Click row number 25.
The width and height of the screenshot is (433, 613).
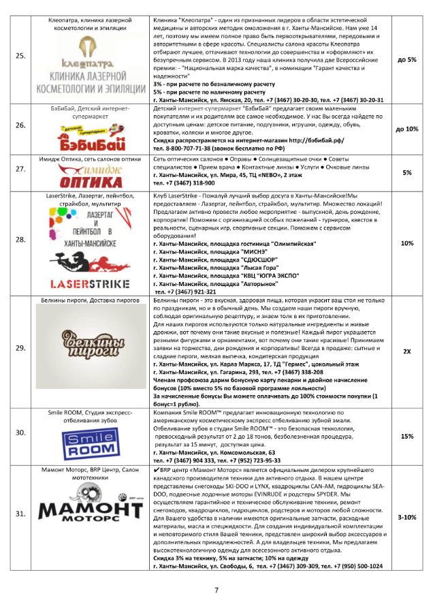(x=21, y=60)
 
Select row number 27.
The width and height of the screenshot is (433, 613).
(x=21, y=173)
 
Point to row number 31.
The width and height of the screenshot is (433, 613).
(x=21, y=518)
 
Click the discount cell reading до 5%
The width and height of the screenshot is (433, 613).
(x=407, y=60)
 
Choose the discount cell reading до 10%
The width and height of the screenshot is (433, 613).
(x=407, y=129)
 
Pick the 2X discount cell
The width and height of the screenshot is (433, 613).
(x=407, y=351)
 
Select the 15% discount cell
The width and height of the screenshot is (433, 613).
(x=407, y=437)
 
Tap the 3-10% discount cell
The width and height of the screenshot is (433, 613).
(x=407, y=518)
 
